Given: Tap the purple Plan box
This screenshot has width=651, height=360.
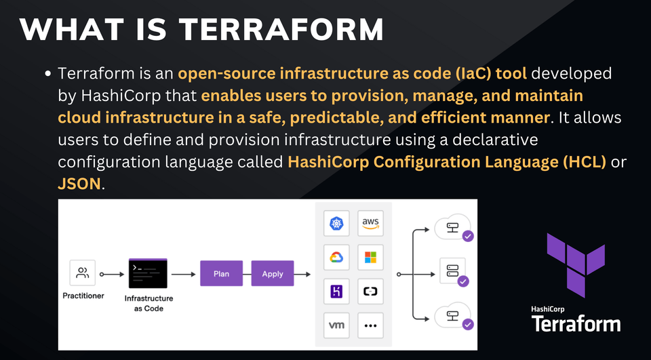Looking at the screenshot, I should point(221,274).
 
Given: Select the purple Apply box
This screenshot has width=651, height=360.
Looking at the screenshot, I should point(273,274).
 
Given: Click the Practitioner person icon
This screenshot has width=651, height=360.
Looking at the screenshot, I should point(83,273).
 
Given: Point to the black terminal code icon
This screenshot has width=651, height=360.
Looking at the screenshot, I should point(148,274).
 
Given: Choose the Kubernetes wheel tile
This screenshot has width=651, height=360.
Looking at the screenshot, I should point(336,223).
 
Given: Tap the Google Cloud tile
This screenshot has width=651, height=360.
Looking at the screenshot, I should point(336,257).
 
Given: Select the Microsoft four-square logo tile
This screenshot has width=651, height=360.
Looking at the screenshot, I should point(370,257).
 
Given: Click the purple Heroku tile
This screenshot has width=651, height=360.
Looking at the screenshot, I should point(336,292).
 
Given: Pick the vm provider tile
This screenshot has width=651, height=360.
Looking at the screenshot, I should point(336,325).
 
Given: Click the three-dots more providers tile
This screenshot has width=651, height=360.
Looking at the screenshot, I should point(370,325).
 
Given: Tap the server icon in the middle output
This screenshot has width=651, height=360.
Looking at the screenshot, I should point(452,271).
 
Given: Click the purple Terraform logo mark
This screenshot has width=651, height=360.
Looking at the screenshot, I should point(576,264).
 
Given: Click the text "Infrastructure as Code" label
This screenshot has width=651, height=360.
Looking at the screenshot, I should point(149,303).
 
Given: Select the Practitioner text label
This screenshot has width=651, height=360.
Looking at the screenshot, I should point(83,296).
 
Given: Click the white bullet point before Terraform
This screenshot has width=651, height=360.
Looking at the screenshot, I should point(48,73).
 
